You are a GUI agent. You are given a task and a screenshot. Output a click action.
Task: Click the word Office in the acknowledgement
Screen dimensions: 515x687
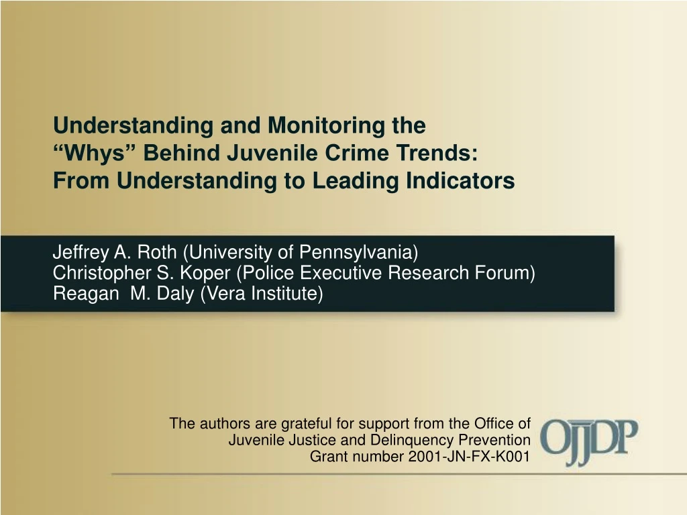pos(494,423)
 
